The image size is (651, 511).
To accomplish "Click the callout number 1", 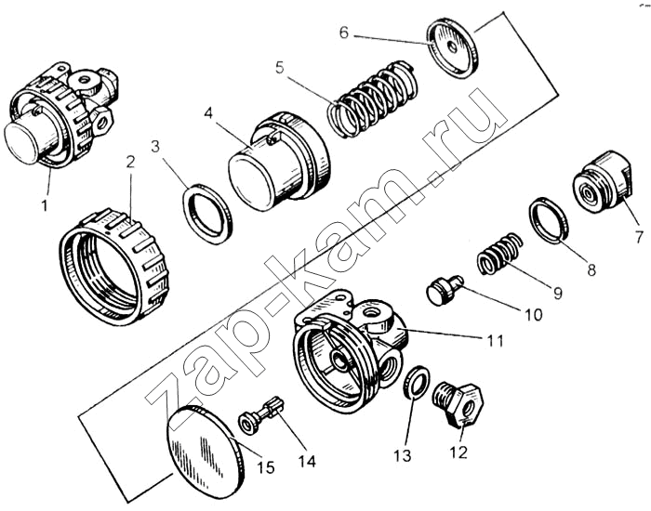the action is click(x=45, y=205).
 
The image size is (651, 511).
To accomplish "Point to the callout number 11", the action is click(x=495, y=341).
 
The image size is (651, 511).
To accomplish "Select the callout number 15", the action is click(x=265, y=467).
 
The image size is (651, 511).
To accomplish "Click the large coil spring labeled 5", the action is click(x=372, y=99).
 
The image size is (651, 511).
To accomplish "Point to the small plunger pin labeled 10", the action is click(x=444, y=290).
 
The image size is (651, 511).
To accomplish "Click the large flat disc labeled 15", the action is click(x=205, y=453).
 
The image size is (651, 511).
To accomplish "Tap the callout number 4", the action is click(x=209, y=112).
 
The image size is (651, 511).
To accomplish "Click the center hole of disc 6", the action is click(x=453, y=47).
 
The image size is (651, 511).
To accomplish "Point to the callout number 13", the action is click(x=403, y=455).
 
